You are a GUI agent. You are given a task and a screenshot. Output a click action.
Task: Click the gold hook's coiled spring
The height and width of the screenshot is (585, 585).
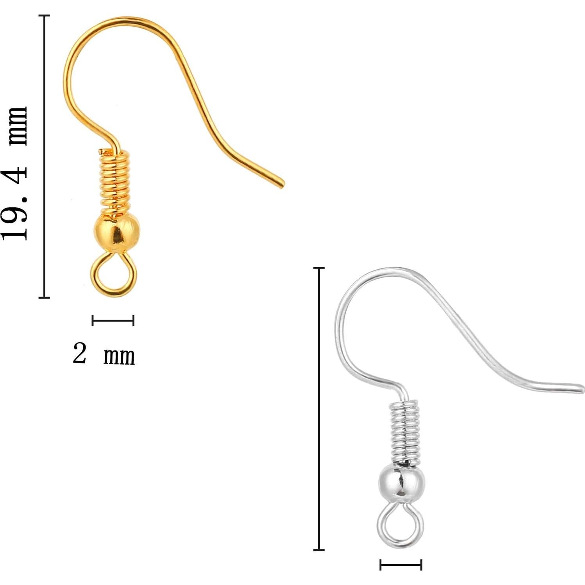point(113,180)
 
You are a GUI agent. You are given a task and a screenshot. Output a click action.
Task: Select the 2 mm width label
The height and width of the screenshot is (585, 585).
point(104,354)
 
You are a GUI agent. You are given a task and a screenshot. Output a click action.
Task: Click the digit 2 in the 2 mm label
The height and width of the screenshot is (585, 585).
point(79,353)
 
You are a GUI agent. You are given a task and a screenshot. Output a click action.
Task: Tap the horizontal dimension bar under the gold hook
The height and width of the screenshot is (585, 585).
point(113,320)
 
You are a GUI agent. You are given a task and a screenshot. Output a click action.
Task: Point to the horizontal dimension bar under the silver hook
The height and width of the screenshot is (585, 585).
point(401,565)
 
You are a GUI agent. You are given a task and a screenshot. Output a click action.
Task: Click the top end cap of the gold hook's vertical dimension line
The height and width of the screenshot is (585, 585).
point(44,16)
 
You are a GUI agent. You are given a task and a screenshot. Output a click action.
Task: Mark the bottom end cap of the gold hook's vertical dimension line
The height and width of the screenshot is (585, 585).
point(44,297)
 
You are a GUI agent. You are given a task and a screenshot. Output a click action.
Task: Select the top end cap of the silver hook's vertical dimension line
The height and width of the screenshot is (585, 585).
point(319,268)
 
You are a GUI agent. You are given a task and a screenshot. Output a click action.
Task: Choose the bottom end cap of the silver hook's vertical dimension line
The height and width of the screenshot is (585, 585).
point(319,550)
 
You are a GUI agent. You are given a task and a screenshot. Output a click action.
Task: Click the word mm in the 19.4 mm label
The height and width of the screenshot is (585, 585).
point(18,126)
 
